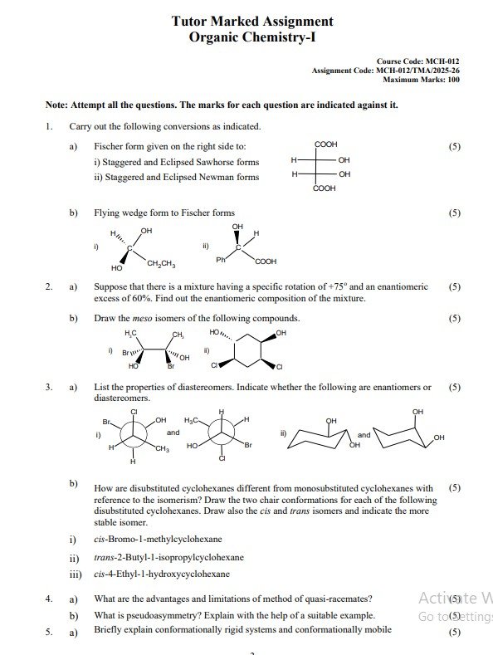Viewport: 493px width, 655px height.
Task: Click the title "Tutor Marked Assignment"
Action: pos(252,22)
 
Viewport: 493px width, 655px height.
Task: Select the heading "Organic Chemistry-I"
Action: pos(252,37)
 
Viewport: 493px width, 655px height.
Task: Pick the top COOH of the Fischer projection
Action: pos(325,144)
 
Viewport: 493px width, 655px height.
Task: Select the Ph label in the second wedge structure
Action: pos(220,261)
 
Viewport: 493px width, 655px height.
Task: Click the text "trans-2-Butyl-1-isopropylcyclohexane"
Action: pos(168,556)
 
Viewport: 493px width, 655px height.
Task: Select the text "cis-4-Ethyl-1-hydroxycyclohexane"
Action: pos(162,574)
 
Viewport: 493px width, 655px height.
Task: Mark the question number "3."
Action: pos(50,387)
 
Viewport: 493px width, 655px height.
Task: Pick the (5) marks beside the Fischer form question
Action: pos(453,146)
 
